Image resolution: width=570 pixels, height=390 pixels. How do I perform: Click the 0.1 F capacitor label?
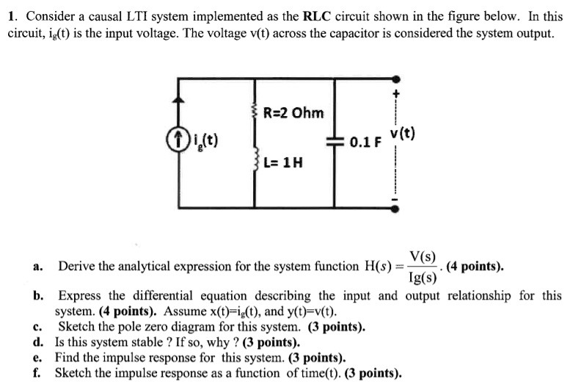[364, 141]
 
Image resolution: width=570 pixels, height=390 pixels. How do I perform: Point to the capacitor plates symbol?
[335, 142]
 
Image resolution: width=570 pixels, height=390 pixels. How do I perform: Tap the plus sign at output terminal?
[396, 94]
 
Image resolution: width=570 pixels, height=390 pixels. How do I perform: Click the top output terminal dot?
[396, 78]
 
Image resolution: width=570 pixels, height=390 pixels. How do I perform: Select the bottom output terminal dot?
[396, 209]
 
